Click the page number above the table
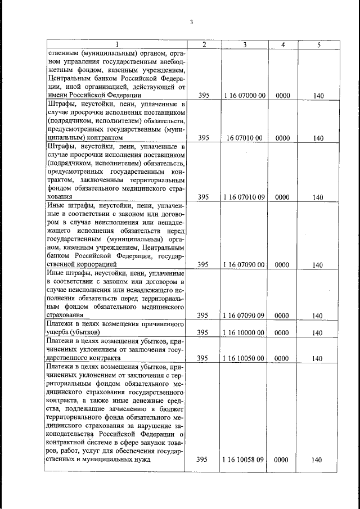point(191,22)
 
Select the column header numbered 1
point(116,44)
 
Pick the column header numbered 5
point(318,44)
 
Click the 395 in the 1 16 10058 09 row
point(204,460)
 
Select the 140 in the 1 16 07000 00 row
point(318,96)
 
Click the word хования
point(59,197)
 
